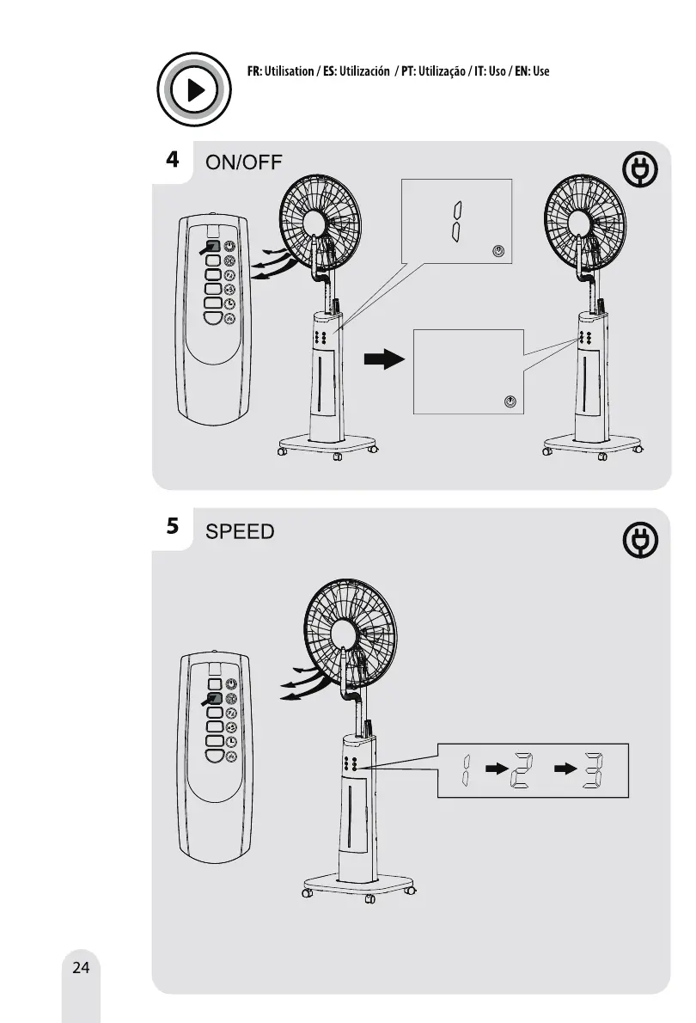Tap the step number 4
[x=173, y=160]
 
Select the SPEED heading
[x=240, y=531]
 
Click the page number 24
[x=81, y=968]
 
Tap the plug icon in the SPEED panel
[x=640, y=541]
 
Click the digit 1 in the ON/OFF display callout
[x=459, y=222]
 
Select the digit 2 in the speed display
[x=522, y=770]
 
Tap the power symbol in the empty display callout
[x=510, y=401]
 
